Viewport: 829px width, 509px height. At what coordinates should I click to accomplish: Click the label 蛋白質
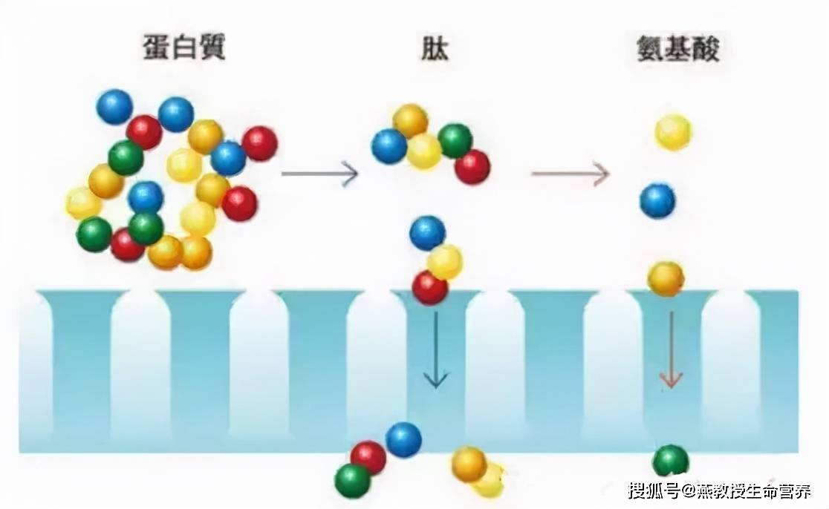pos(184,47)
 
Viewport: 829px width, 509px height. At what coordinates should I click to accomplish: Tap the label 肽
pos(435,47)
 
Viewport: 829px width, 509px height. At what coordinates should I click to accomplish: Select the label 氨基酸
pos(677,48)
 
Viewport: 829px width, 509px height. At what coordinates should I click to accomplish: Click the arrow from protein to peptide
pos(319,173)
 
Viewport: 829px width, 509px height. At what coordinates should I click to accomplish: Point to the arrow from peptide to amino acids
pos(570,173)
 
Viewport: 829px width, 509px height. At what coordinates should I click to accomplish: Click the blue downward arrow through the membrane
pos(435,349)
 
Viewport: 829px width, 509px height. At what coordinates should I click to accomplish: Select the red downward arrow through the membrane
pos(671,349)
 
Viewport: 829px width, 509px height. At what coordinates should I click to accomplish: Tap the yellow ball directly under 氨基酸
pos(673,132)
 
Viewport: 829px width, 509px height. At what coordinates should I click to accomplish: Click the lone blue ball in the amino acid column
pos(657,201)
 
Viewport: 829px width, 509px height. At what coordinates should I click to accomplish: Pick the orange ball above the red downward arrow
pos(666,279)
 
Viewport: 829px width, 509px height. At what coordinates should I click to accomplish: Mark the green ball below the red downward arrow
pos(670,462)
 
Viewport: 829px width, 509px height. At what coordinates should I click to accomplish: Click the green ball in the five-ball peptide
pos(455,141)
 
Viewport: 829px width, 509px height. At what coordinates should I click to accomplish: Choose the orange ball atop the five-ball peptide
pos(410,122)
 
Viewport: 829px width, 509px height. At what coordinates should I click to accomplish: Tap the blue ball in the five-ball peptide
pos(389,147)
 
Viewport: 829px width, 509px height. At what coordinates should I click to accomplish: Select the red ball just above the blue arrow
pos(430,288)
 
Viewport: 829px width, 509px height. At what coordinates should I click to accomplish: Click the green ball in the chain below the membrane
pos(353,481)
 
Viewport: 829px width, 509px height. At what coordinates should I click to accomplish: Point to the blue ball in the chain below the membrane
pos(403,440)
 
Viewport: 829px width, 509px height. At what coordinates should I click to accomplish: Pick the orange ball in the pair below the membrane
pos(469,464)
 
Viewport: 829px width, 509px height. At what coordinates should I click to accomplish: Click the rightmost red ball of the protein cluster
pos(259,144)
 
